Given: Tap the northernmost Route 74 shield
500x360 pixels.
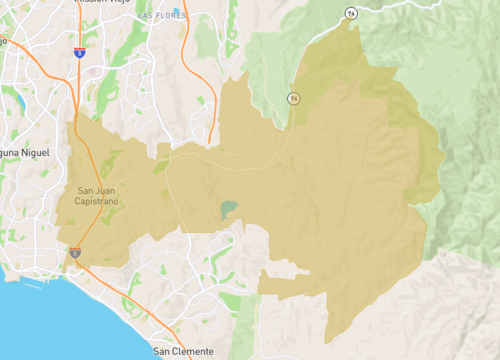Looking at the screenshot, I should pyautogui.click(x=350, y=13).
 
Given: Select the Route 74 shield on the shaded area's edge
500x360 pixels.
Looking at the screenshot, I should pyautogui.click(x=293, y=98).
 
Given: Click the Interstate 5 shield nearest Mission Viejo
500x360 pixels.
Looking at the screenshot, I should pyautogui.click(x=79, y=52).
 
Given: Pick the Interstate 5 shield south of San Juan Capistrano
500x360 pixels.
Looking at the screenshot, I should pyautogui.click(x=75, y=254).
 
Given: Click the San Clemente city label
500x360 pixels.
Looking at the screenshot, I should pyautogui.click(x=183, y=352).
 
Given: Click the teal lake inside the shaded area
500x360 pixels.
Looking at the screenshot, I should pyautogui.click(x=229, y=210).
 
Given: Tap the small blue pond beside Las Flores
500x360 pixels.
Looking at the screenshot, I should pyautogui.click(x=177, y=11).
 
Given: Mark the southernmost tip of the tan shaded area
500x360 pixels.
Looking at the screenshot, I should pyautogui.click(x=326, y=342).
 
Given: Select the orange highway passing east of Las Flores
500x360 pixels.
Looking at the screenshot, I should pyautogui.click(x=188, y=40).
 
